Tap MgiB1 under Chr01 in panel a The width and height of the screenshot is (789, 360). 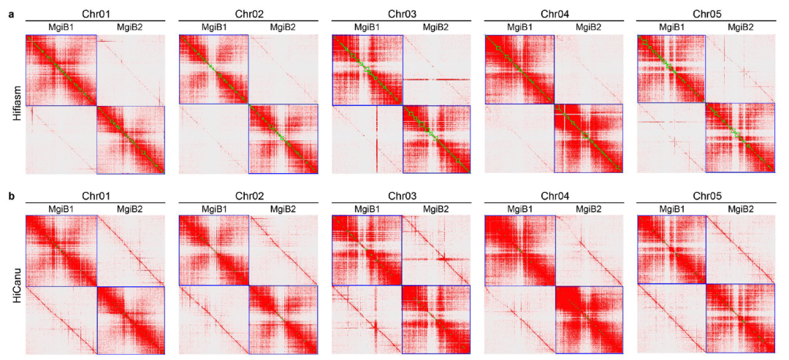[60, 28]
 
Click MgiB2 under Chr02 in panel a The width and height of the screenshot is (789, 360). [283, 28]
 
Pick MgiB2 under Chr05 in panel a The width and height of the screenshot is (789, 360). [741, 28]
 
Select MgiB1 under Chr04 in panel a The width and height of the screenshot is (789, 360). [519, 28]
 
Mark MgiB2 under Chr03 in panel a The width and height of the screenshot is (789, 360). [436, 28]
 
